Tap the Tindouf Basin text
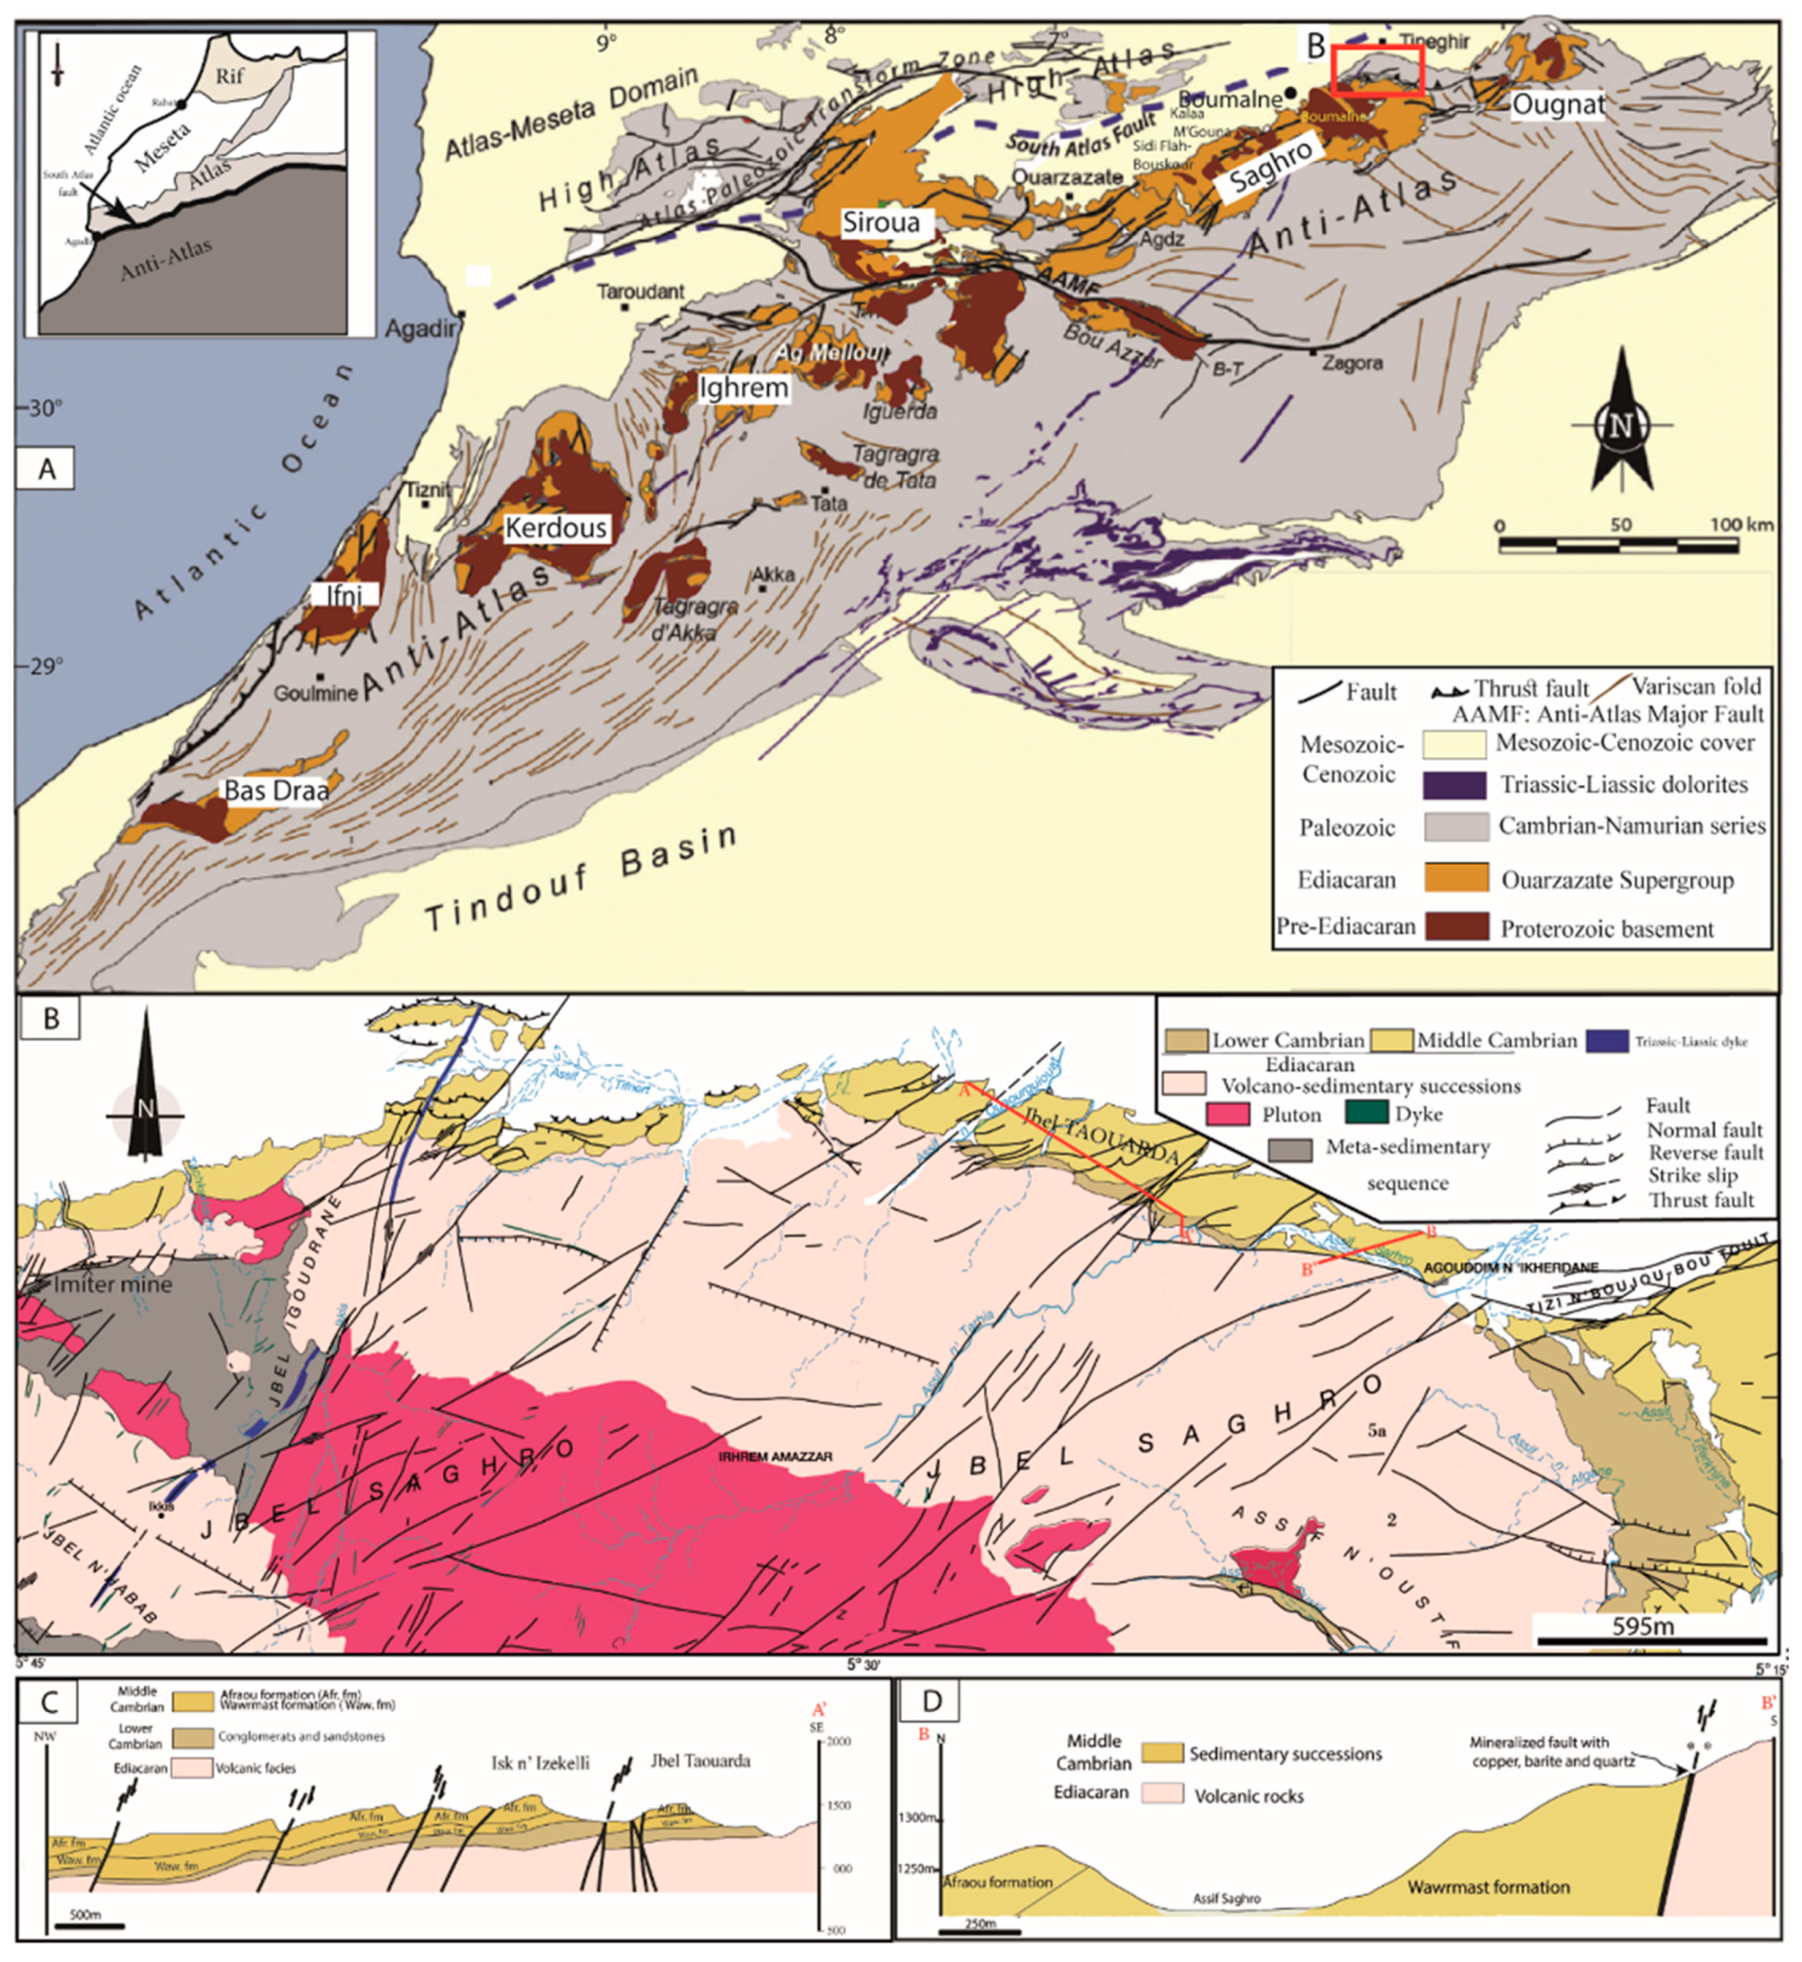point(581,879)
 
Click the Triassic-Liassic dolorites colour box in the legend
point(1455,785)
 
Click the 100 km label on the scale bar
point(1741,525)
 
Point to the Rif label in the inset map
point(230,75)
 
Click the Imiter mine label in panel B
point(112,1284)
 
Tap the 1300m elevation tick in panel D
point(916,1818)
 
